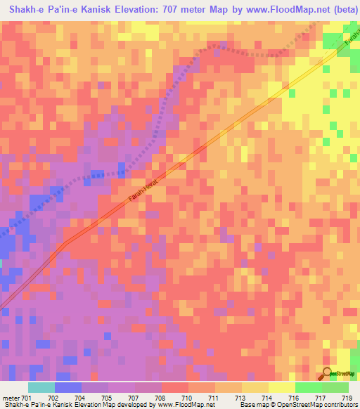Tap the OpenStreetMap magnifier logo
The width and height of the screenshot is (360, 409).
(328, 373)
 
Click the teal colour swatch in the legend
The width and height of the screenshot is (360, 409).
(41, 387)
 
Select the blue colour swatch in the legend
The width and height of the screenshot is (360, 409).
(69, 387)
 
